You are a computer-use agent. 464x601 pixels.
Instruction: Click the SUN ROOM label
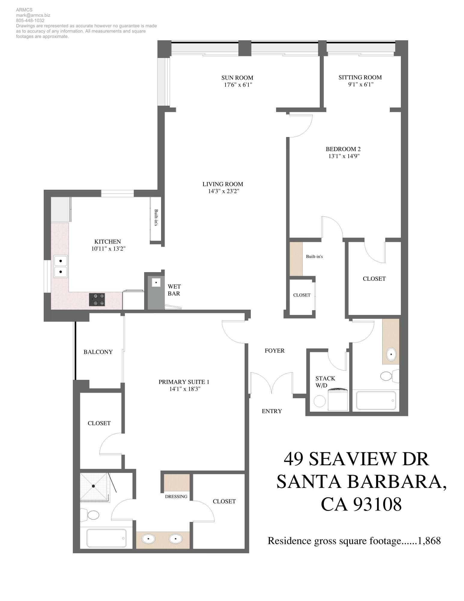click(x=237, y=78)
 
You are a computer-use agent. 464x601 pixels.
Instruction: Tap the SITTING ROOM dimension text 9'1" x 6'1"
click(x=360, y=84)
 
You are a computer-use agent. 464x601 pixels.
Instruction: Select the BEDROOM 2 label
click(x=343, y=149)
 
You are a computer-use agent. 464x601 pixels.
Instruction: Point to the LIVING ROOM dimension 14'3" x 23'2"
click(x=223, y=191)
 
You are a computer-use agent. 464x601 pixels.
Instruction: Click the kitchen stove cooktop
click(x=97, y=300)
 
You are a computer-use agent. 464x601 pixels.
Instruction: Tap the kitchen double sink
click(x=61, y=267)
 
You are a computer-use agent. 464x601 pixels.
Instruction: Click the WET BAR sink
click(x=156, y=282)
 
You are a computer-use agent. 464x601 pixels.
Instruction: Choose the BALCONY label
click(x=98, y=352)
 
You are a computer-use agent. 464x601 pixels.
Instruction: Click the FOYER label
click(x=274, y=351)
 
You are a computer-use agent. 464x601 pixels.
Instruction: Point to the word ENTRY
click(x=272, y=411)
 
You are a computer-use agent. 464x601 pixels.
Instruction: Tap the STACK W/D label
click(x=325, y=382)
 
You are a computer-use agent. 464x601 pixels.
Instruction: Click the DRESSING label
click(x=176, y=497)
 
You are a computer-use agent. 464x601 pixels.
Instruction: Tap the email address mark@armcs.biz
click(x=33, y=15)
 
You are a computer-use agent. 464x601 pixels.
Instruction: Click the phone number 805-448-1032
click(x=30, y=20)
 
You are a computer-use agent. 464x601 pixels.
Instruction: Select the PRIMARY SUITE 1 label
click(x=184, y=382)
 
